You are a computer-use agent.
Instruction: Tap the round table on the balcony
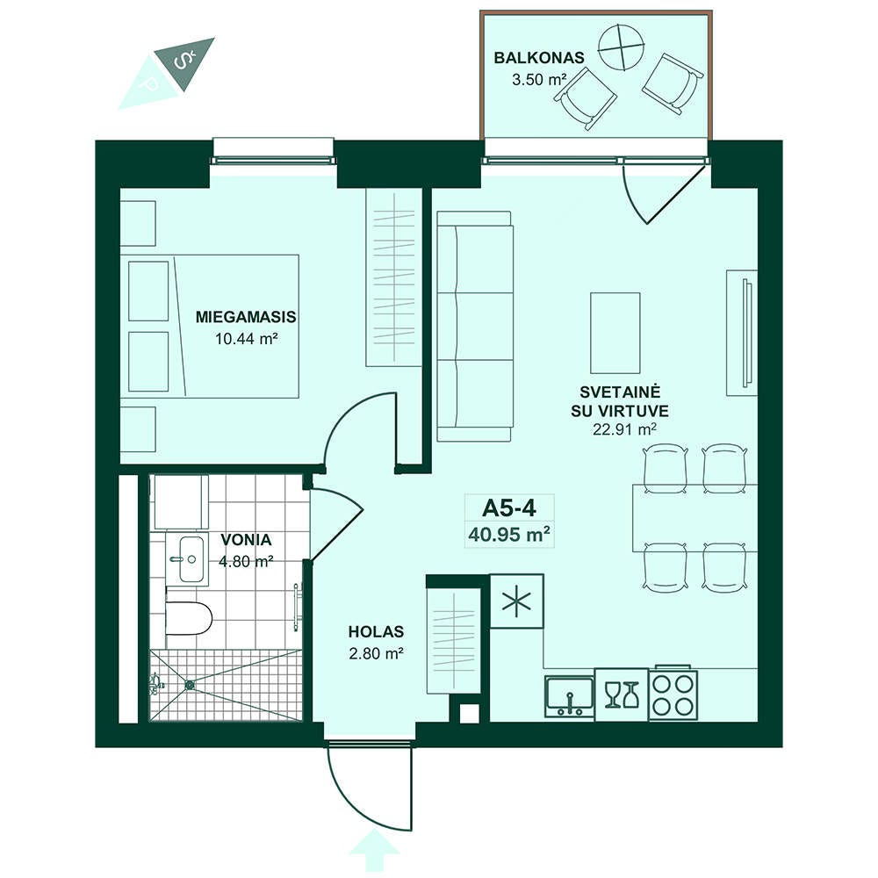pos(621,47)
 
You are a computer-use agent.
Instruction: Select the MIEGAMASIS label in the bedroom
pos(246,317)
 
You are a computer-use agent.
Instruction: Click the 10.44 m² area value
pos(247,338)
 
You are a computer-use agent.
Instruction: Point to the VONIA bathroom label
pos(246,540)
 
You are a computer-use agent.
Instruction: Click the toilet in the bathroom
pos(190,618)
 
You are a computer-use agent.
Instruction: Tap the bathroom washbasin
pos(191,558)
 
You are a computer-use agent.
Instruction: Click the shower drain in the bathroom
pos(190,684)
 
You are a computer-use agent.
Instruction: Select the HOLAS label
pos(376,631)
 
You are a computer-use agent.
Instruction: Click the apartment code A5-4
pos(509,507)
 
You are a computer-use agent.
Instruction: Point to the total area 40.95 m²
pos(509,534)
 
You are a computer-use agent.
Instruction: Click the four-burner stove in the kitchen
pos(673,694)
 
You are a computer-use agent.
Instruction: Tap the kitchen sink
pos(569,696)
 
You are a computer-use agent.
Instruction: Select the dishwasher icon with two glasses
pos(622,694)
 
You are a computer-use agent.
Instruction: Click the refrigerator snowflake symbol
pos(516,601)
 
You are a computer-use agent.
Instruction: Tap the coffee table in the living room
pos(615,333)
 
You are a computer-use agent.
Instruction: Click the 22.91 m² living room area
pos(624,429)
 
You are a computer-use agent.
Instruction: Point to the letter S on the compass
pos(181,61)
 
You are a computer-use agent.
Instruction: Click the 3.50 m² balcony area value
pos(538,79)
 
